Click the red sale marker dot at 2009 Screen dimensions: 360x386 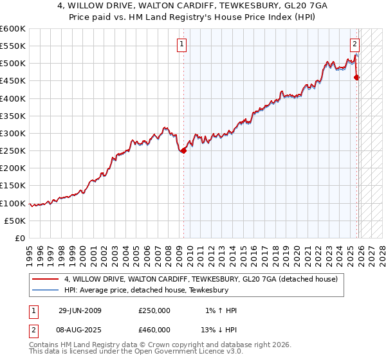183,151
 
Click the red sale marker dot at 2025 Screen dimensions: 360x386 357,78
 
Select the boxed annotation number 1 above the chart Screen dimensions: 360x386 183,44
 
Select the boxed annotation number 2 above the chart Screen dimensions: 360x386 354,44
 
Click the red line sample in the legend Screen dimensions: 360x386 46,280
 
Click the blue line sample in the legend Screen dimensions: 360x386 46,291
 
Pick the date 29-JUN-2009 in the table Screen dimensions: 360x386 80,310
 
